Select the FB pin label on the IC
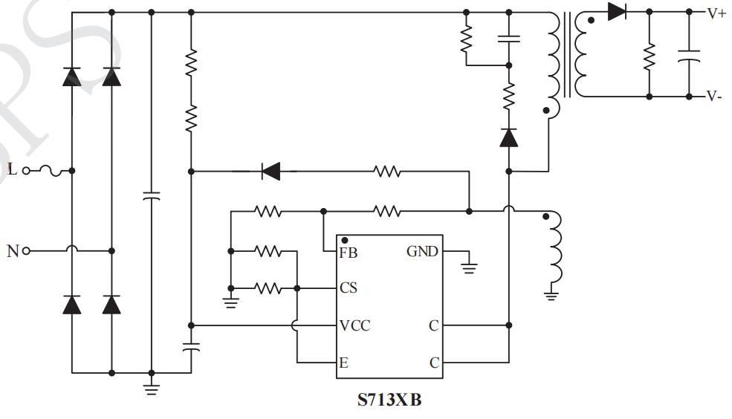click(x=348, y=253)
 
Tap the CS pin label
click(x=348, y=288)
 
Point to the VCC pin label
click(x=354, y=325)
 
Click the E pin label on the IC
click(x=344, y=363)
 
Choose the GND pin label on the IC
click(x=421, y=252)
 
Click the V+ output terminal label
click(x=716, y=13)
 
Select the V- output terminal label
click(x=714, y=97)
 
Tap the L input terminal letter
click(x=12, y=170)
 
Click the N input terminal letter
click(x=12, y=251)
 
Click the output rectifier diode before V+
click(x=617, y=12)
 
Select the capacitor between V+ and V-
click(x=689, y=56)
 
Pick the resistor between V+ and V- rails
click(x=650, y=56)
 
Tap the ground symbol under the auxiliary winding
click(x=551, y=295)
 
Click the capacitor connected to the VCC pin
click(x=191, y=345)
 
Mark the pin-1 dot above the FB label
click(x=345, y=241)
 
